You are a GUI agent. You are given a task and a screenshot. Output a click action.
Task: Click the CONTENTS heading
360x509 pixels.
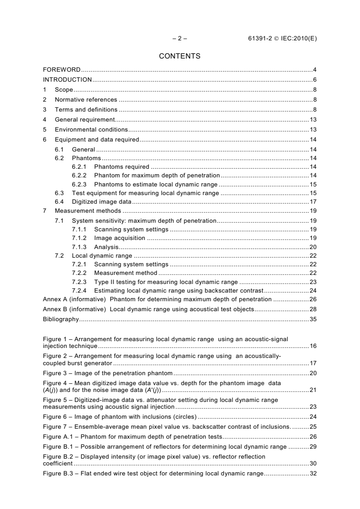[x=180, y=56]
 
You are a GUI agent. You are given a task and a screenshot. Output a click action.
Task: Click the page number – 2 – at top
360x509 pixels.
[x=180, y=39]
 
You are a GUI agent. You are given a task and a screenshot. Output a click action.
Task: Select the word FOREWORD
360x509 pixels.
[x=62, y=70]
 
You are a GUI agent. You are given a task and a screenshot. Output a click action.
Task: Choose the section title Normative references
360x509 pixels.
[x=86, y=100]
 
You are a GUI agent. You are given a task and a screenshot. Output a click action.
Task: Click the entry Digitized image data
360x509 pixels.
[x=101, y=201]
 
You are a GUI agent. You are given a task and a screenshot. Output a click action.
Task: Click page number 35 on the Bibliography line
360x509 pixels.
[x=313, y=319]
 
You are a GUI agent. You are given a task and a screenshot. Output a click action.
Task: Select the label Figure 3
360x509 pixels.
[x=54, y=373]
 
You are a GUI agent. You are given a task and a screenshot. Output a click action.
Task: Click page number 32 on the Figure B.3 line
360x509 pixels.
[x=313, y=474]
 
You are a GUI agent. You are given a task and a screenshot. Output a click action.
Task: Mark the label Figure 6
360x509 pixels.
[x=54, y=416]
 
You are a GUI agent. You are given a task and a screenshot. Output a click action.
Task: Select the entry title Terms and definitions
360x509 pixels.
[x=86, y=110]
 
